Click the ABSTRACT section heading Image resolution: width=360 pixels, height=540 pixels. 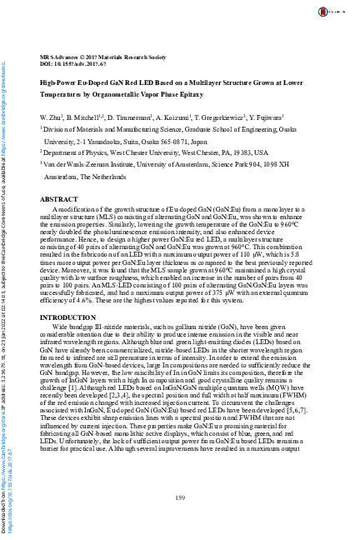point(59,200)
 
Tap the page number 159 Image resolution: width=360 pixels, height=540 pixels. point(179,497)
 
